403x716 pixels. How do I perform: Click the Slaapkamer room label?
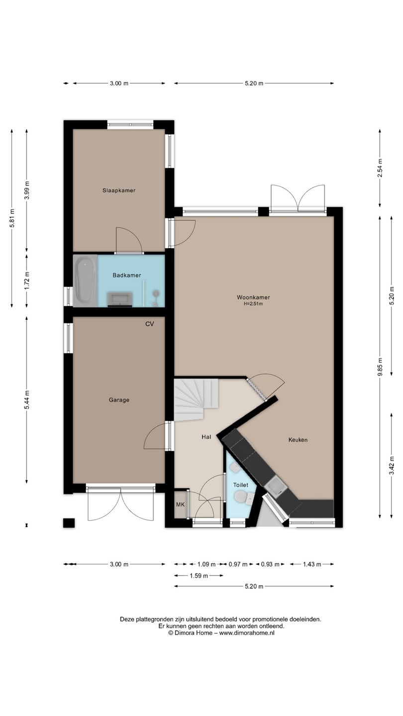119,190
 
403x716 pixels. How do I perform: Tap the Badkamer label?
127,275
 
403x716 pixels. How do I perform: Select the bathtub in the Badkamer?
85,280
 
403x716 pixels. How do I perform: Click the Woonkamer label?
253,297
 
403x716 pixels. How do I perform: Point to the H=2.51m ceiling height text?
253,304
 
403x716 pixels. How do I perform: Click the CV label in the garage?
150,324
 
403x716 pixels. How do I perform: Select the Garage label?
119,400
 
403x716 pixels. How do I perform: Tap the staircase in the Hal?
195,400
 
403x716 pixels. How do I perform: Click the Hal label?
206,437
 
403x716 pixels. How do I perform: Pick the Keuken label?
298,440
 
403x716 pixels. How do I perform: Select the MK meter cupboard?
181,505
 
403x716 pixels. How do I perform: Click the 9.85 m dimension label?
380,367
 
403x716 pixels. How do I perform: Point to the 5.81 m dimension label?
12,218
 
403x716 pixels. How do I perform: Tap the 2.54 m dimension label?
380,168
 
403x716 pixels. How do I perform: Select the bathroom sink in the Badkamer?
120,299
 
